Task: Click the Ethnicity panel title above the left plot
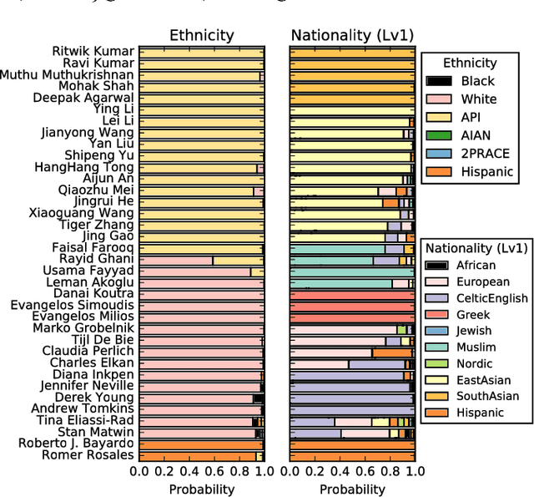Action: [x=202, y=35]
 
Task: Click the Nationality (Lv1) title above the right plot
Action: [x=351, y=35]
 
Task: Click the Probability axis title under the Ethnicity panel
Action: [x=201, y=489]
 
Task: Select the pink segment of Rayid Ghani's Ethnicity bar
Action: [x=176, y=261]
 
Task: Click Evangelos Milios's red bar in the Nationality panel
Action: [x=351, y=317]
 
